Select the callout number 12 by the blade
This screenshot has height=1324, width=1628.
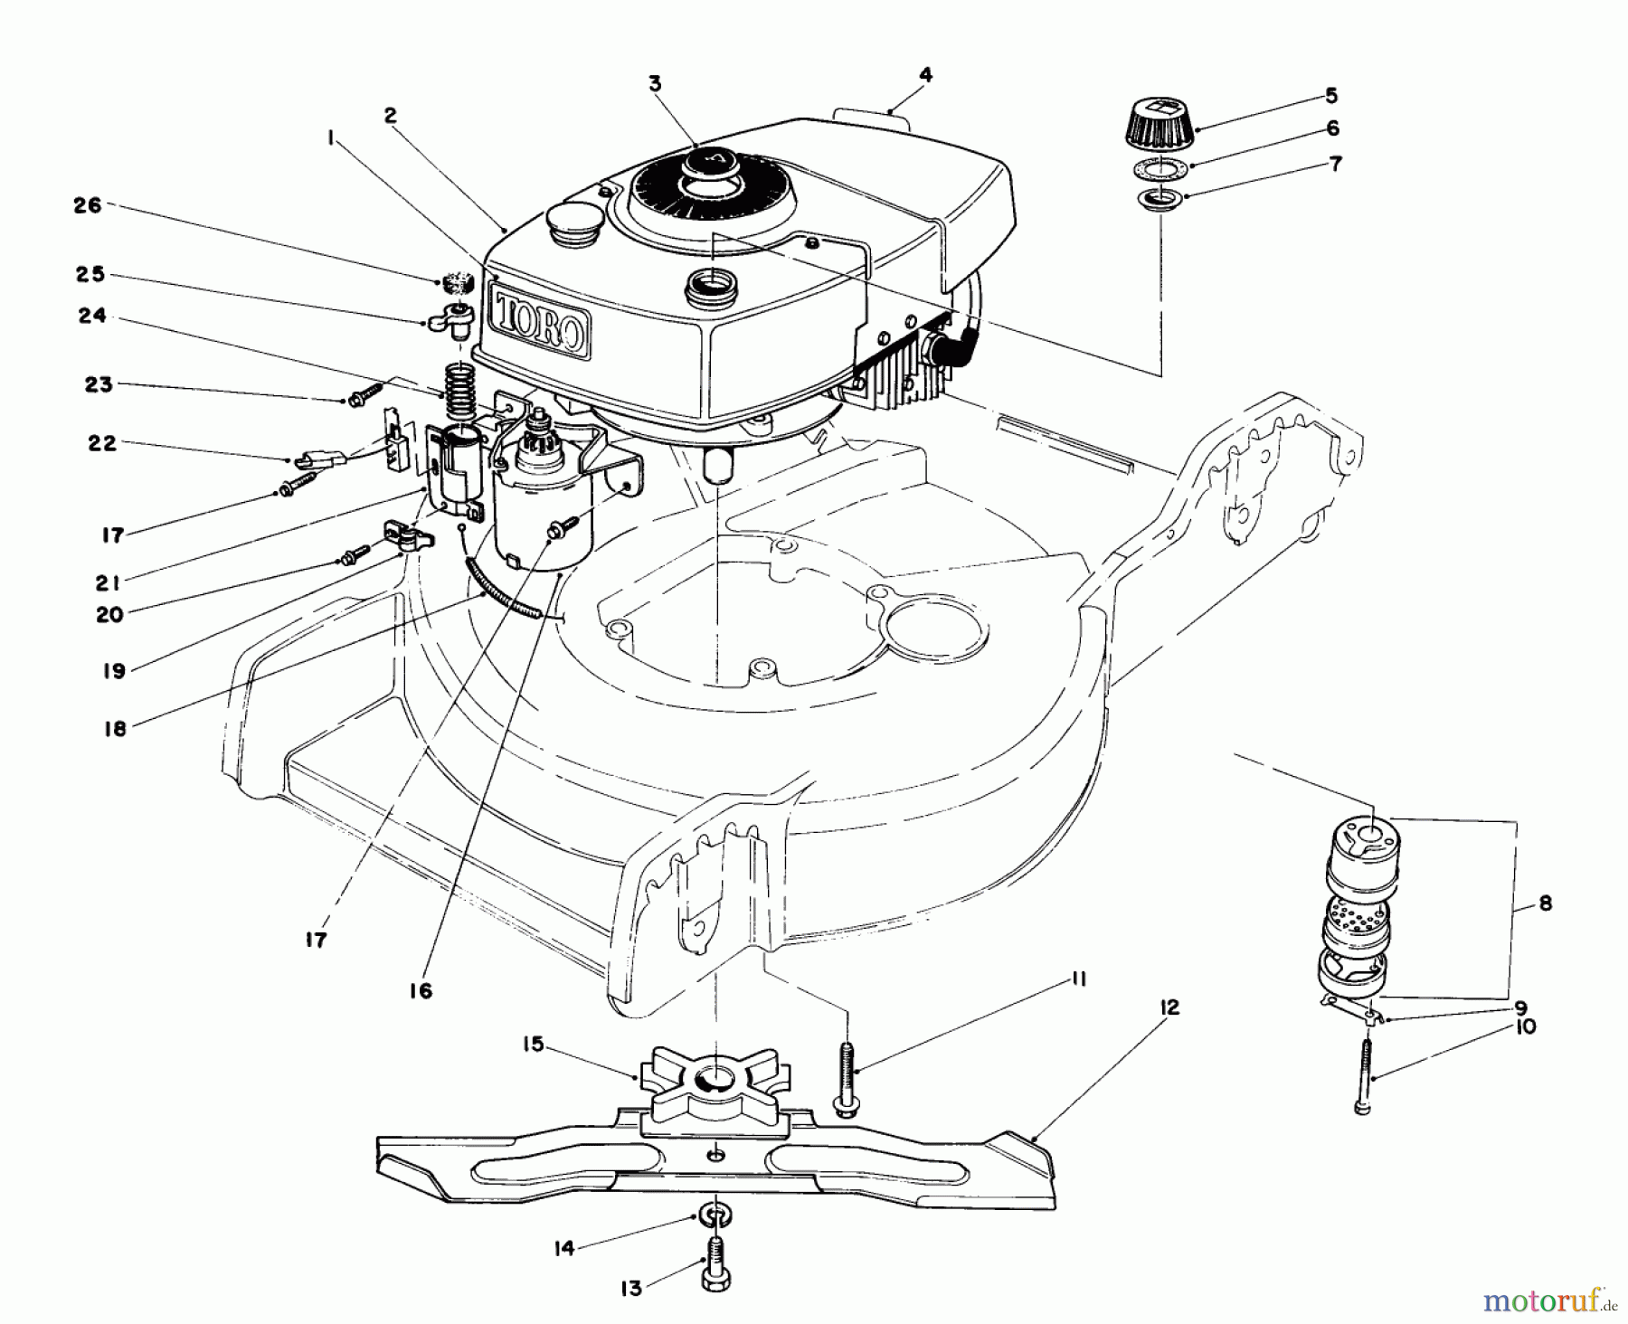[x=1169, y=1007]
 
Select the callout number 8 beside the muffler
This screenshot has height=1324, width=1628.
[x=1545, y=903]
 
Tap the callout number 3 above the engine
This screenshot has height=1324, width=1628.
[x=654, y=84]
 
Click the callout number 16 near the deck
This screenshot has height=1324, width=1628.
[x=420, y=990]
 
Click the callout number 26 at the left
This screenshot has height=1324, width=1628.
[x=88, y=206]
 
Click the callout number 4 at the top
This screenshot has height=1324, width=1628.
[x=924, y=76]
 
